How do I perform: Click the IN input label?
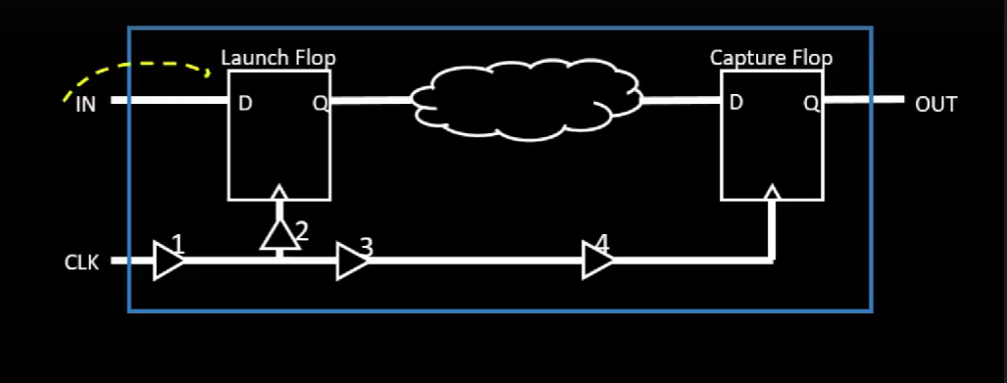coord(86,104)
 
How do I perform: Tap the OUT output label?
coord(934,105)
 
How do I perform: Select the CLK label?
coord(81,263)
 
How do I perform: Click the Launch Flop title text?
coord(278,58)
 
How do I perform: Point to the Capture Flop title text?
coord(771,58)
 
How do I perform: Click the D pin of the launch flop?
coord(245,103)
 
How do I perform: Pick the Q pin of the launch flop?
coord(319,103)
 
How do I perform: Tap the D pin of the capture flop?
coord(735,103)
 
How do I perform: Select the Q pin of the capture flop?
coord(810,103)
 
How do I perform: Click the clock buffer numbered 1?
coord(169,262)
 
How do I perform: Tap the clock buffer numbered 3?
coord(351,262)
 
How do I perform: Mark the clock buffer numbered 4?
coord(596,262)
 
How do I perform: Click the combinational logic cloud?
coord(525,100)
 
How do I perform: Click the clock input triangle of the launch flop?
coord(280,191)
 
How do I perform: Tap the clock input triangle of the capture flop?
coord(773,191)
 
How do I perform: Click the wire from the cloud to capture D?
coord(680,100)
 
